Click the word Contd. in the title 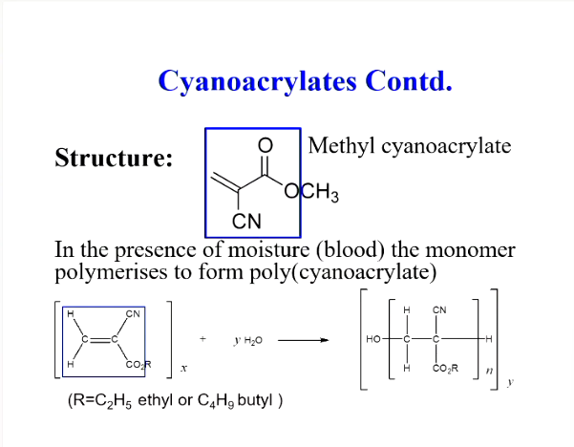[x=408, y=80]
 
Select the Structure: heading [x=114, y=158]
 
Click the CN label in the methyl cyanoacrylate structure [x=247, y=223]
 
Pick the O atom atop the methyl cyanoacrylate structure [x=266, y=144]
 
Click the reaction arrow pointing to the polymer [x=303, y=340]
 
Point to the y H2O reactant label [x=246, y=340]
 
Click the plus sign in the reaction [x=202, y=339]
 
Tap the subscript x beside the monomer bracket [x=183, y=366]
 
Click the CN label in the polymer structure [x=439, y=309]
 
